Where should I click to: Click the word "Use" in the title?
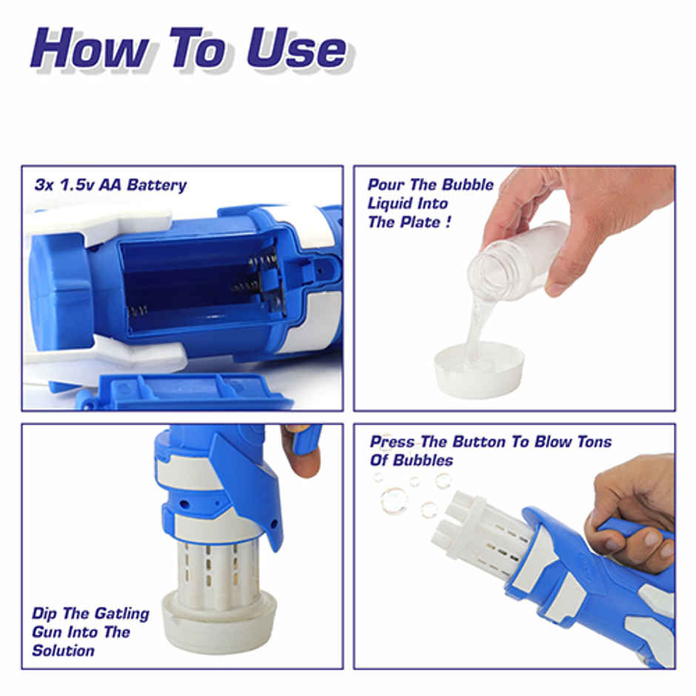tap(296, 50)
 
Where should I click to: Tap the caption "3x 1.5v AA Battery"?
tap(110, 185)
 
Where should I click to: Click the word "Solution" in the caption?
tap(63, 651)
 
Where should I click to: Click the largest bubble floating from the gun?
tap(394, 501)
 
